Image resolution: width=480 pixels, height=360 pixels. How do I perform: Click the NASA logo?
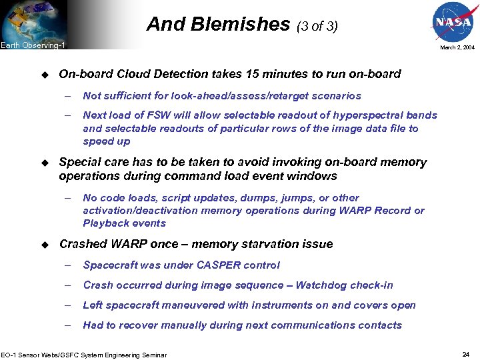[453, 25]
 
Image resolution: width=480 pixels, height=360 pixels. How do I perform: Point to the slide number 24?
[466, 354]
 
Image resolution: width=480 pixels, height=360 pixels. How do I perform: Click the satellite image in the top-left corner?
[27, 20]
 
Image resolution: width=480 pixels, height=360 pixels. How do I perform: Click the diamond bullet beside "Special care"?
[45, 162]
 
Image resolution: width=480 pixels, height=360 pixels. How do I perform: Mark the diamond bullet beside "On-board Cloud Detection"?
[45, 74]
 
